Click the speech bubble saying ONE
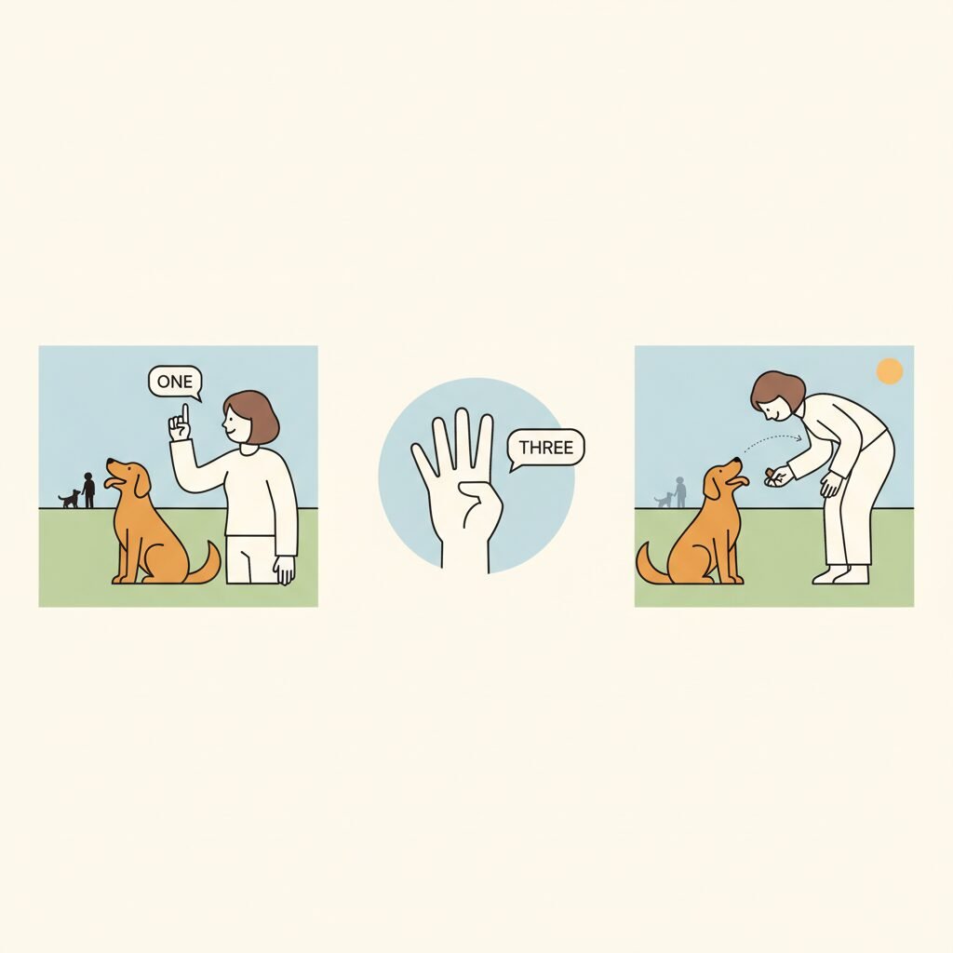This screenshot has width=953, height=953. pyautogui.click(x=174, y=382)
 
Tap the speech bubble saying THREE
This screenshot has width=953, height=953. pyautogui.click(x=545, y=448)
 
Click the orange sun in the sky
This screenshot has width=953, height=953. pyautogui.click(x=890, y=370)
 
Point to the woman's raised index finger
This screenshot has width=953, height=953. pyautogui.click(x=185, y=414)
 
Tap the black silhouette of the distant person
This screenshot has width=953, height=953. pyautogui.click(x=88, y=490)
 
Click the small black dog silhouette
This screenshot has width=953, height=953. pyautogui.click(x=69, y=500)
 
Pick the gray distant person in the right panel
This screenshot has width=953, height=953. pyautogui.click(x=680, y=492)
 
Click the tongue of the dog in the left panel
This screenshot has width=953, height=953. pyautogui.click(x=112, y=483)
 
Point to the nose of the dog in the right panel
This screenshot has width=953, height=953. pyautogui.click(x=738, y=460)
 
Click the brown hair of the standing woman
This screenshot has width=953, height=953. pyautogui.click(x=255, y=416)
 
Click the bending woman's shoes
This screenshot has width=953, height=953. pyautogui.click(x=841, y=574)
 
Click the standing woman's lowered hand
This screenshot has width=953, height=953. pyautogui.click(x=285, y=570)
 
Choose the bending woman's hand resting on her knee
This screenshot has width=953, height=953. pyautogui.click(x=831, y=484)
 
